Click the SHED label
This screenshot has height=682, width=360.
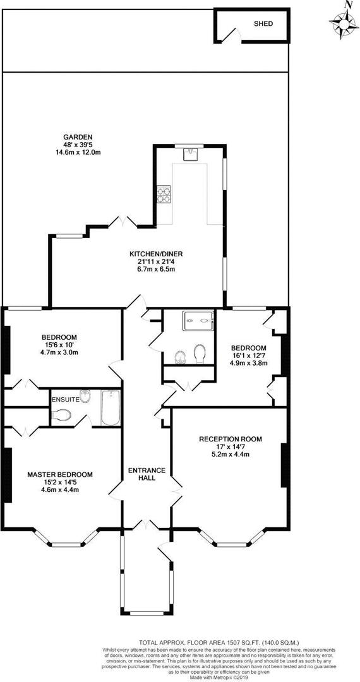[263, 23]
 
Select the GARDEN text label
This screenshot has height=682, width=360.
[78, 137]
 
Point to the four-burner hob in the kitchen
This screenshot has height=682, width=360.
[164, 194]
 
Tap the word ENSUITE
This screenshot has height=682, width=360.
[66, 400]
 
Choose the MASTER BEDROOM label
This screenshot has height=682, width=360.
[59, 475]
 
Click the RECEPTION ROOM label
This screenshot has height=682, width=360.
[230, 439]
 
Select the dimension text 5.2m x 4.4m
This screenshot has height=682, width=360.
[230, 456]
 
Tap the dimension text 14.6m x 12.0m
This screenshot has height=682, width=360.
[78, 153]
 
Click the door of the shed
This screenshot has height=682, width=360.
[234, 32]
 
